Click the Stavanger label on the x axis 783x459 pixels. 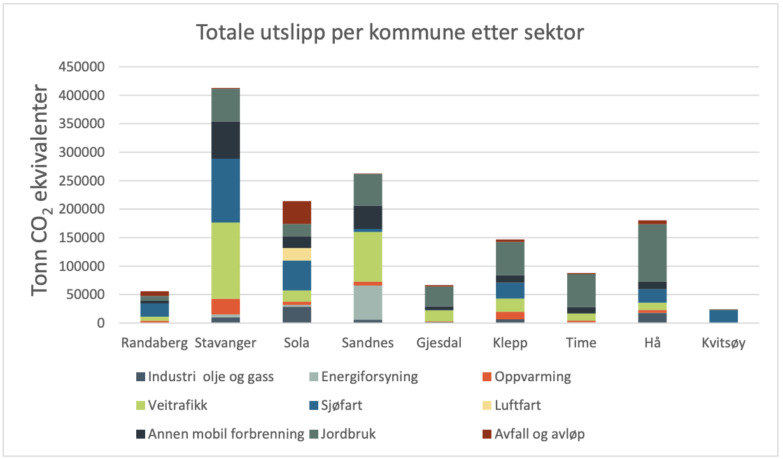(225, 343)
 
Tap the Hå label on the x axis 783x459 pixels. (653, 343)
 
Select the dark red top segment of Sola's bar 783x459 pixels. (297, 212)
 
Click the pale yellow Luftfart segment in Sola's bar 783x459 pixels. (297, 254)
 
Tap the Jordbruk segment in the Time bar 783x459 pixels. (582, 290)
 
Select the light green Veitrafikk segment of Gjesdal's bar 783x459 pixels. (439, 316)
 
